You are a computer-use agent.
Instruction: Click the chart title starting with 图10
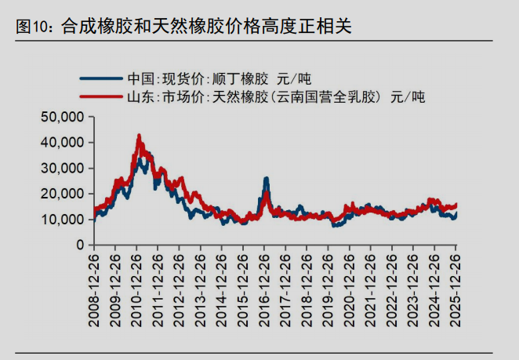[x=184, y=26]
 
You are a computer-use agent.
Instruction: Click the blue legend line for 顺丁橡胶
[x=100, y=78]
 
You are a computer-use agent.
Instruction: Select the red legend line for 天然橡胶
[x=100, y=98]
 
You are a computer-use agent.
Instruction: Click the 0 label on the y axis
[x=79, y=245]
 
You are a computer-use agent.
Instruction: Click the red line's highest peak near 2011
[x=139, y=136]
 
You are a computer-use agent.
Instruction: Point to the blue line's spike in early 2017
[x=267, y=179]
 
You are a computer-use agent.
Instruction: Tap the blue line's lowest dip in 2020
[x=335, y=225]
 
